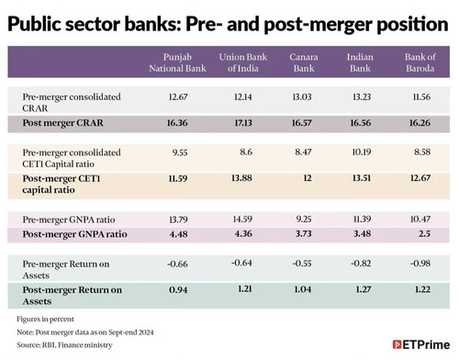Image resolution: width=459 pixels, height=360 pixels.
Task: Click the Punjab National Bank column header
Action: pyautogui.click(x=177, y=62)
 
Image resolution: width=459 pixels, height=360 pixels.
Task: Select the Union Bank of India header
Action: pyautogui.click(x=243, y=62)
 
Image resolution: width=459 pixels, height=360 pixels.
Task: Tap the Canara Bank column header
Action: pyautogui.click(x=304, y=62)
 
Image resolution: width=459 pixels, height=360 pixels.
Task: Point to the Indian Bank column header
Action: pyautogui.click(x=360, y=62)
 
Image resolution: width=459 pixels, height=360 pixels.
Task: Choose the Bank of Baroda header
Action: pyautogui.click(x=420, y=62)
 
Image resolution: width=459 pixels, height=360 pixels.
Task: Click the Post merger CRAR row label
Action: pyautogui.click(x=62, y=123)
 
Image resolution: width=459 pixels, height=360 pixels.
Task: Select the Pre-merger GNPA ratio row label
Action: pyautogui.click(x=69, y=219)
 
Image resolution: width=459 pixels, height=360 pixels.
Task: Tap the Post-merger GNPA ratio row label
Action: pyautogui.click(x=74, y=234)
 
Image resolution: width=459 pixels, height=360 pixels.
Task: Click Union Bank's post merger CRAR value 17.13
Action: pyautogui.click(x=243, y=123)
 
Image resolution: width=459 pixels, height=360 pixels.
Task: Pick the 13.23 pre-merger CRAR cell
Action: pyautogui.click(x=362, y=97)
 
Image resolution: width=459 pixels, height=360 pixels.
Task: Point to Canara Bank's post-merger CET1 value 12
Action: pyautogui.click(x=308, y=178)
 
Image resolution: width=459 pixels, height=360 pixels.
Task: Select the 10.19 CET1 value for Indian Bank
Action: pyautogui.click(x=362, y=152)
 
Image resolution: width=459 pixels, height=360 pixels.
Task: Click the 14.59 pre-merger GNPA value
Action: pyautogui.click(x=242, y=219)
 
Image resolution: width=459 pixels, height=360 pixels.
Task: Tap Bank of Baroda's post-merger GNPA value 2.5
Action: pyautogui.click(x=424, y=233)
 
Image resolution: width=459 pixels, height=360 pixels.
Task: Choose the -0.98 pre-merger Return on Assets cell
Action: pyautogui.click(x=420, y=264)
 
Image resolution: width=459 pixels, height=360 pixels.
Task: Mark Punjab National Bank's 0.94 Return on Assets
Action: pyautogui.click(x=178, y=289)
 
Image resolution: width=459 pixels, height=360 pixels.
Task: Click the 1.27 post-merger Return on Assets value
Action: pyautogui.click(x=364, y=289)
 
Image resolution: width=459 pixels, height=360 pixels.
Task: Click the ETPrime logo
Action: pyautogui.click(x=421, y=344)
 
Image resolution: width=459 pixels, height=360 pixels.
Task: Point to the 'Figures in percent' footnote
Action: pyautogui.click(x=45, y=320)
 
